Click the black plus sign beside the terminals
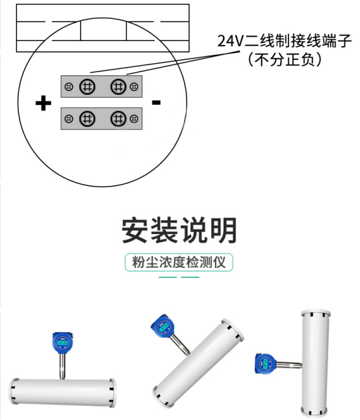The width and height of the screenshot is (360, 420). coord(43,103)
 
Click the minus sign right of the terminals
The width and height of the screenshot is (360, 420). coord(156,102)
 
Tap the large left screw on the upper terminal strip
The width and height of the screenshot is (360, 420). coord(87,86)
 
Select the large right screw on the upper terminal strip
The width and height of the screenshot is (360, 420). coord(118,86)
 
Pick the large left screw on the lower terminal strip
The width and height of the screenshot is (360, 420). coord(87,119)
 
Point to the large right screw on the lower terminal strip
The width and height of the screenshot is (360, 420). coord(118,119)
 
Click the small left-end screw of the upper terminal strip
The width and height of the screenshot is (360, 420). coord(69,86)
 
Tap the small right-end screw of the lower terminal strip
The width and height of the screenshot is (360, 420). coord(134,119)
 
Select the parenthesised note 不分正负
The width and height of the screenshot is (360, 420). coord(284,59)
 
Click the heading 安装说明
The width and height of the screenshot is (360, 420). coord(179,230)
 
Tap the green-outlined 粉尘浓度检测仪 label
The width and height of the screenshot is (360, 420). coord(179,262)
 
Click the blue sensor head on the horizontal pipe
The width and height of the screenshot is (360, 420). coord(62,342)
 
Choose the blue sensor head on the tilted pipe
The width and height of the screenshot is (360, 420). coord(162,326)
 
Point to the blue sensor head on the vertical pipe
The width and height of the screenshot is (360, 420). coord(265,363)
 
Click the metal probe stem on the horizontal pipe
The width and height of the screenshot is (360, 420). coord(62,366)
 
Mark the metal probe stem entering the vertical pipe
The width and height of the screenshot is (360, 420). coord(289,365)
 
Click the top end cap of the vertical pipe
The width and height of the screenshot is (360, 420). coord(316,313)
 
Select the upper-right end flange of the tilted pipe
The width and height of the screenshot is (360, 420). coord(233,331)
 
